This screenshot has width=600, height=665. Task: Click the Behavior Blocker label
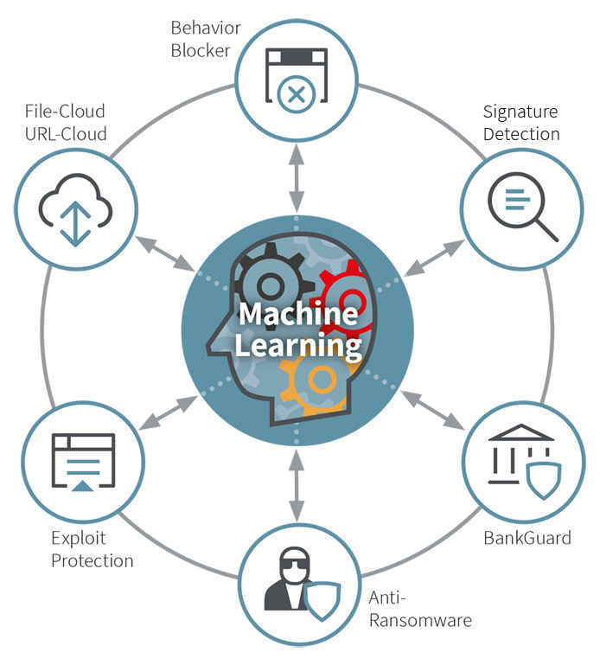(x=206, y=39)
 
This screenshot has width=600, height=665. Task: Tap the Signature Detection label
(x=521, y=123)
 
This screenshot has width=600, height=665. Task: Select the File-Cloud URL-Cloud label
(x=66, y=123)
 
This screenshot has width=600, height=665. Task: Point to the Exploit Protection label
(x=92, y=549)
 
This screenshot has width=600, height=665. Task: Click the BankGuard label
(x=527, y=538)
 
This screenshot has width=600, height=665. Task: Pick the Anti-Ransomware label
(x=420, y=609)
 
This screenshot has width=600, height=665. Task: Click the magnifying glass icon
(x=522, y=207)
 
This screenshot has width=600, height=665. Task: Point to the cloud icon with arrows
(x=75, y=209)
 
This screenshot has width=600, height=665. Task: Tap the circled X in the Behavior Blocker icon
(x=296, y=94)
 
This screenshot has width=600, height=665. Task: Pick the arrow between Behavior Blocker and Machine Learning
(x=297, y=178)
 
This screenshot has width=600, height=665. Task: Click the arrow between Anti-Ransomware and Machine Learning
(x=297, y=486)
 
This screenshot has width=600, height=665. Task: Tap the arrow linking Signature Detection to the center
(x=433, y=259)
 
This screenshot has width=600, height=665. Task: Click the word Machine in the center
(x=298, y=314)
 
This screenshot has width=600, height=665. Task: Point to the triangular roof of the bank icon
(x=521, y=432)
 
